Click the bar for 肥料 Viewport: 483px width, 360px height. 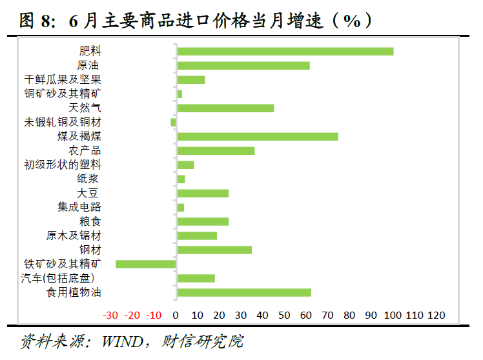coord(285,51)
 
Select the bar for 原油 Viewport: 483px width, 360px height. coord(243,65)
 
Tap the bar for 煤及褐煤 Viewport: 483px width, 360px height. coord(257,136)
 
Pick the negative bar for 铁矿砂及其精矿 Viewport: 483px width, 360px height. coord(146,264)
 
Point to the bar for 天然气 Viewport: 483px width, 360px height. coord(225,108)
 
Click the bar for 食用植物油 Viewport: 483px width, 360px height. coord(243,292)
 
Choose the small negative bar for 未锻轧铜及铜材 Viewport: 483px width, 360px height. coord(173,122)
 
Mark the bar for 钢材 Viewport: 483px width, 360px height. coord(214,250)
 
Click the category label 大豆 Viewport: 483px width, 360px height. coord(88,193)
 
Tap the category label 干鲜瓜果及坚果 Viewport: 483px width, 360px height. coord(63,79)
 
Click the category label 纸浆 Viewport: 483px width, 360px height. coord(88,179)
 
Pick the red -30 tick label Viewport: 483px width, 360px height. coord(110,315)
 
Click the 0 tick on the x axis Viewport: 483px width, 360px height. coord(176,315)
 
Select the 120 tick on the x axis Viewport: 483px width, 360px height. coord(437,315)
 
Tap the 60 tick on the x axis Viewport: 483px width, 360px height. coord(306,315)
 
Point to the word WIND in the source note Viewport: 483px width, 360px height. coord(120,341)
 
